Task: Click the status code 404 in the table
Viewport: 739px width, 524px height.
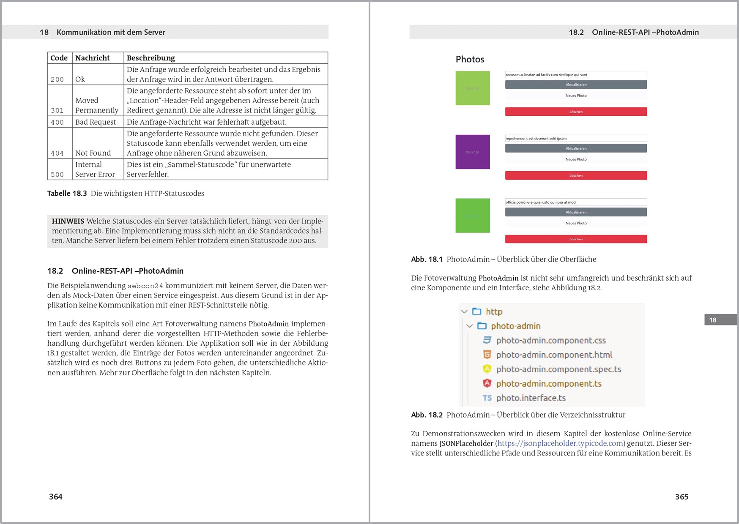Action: click(x=57, y=153)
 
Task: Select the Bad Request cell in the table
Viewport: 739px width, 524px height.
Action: click(x=96, y=122)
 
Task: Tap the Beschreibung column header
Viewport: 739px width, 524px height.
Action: click(x=151, y=58)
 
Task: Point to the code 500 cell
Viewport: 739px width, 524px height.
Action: click(x=57, y=175)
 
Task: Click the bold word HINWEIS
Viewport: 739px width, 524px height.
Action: click(x=68, y=221)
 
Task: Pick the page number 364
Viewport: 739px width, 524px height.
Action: click(x=55, y=497)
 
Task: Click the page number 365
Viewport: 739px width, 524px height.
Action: click(x=682, y=497)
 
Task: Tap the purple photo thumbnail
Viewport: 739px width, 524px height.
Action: click(x=472, y=152)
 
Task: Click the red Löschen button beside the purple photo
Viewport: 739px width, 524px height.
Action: click(x=576, y=175)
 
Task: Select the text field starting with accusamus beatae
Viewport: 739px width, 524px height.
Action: click(x=576, y=75)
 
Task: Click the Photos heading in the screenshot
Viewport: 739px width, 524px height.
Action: click(x=470, y=59)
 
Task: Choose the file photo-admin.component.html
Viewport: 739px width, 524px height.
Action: click(x=554, y=355)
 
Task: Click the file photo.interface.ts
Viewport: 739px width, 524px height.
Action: click(x=531, y=398)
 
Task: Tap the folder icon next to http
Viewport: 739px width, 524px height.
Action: click(x=477, y=311)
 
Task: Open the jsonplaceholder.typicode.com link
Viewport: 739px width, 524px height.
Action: click(x=560, y=443)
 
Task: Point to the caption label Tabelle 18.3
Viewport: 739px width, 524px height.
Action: click(x=67, y=194)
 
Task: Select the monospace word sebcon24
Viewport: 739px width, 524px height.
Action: click(x=145, y=286)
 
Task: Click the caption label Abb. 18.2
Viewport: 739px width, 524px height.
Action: click(x=427, y=415)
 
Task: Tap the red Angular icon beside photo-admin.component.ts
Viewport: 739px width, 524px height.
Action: click(x=487, y=383)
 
